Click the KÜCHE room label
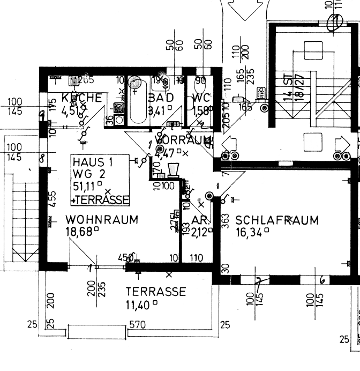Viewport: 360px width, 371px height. [82, 98]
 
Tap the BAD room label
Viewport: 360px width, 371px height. [160, 98]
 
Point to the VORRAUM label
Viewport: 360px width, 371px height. [181, 140]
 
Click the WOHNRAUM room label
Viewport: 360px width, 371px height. [102, 220]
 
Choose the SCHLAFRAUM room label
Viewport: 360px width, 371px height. [277, 220]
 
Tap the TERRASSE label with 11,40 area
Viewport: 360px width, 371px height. [156, 292]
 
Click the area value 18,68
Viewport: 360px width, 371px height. [80, 232]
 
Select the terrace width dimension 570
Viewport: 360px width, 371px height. [137, 325]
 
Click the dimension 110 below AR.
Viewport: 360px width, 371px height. [196, 258]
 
